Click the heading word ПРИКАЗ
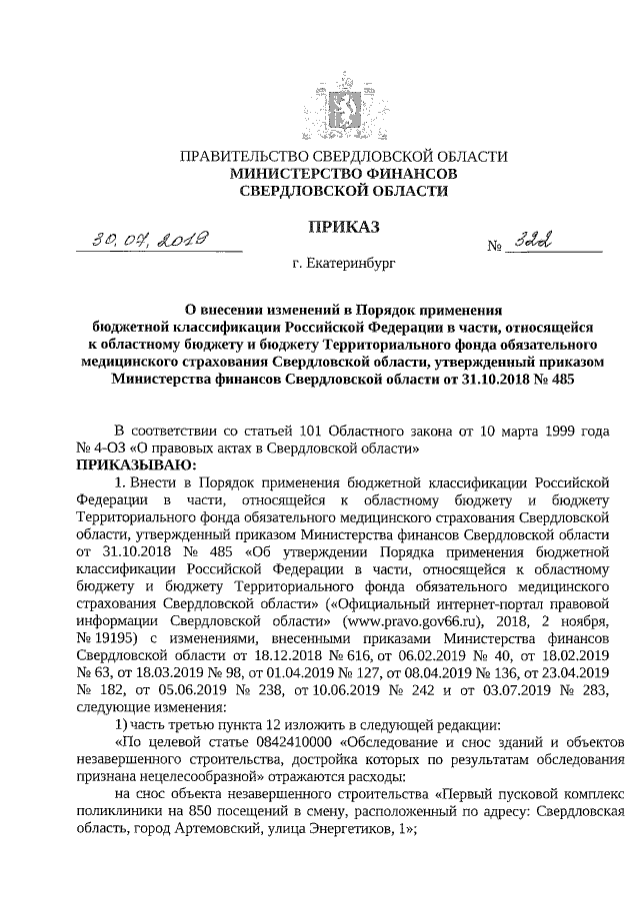[342, 229]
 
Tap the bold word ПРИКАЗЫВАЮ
[136, 463]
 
